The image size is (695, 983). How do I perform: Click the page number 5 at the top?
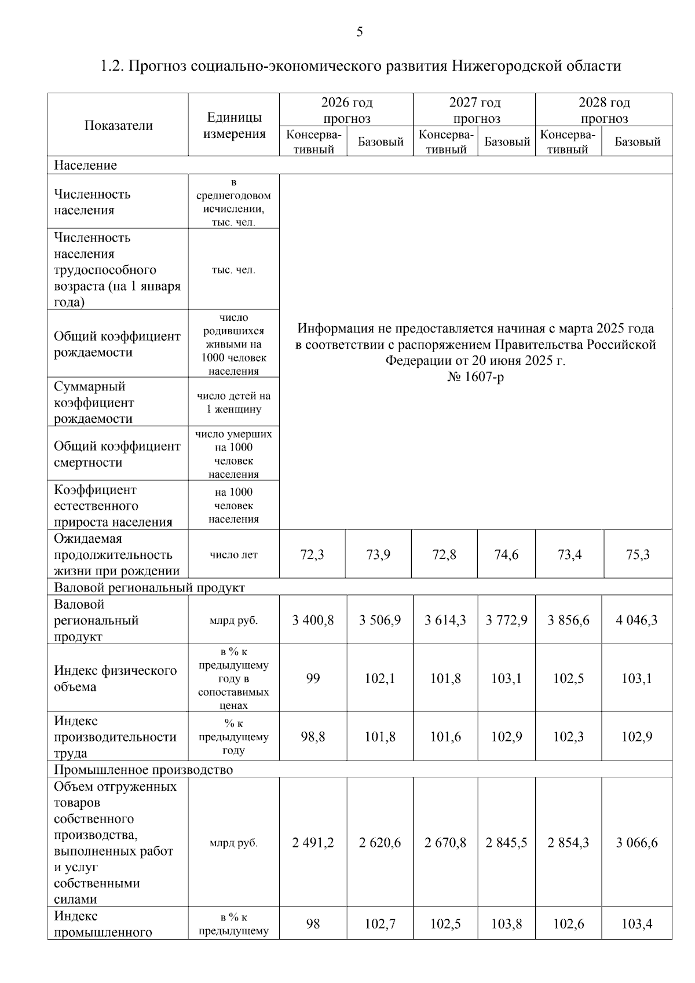click(x=359, y=32)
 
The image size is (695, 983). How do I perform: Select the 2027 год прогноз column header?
click(x=474, y=110)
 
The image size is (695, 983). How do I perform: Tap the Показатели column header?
click(x=118, y=125)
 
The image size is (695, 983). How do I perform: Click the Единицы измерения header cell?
click(x=234, y=125)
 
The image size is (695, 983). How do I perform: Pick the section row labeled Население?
click(x=85, y=165)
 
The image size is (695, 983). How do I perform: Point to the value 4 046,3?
click(x=637, y=620)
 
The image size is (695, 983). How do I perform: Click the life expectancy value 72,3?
click(x=312, y=555)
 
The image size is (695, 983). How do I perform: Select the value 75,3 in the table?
click(x=638, y=555)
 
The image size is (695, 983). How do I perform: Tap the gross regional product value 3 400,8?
click(x=313, y=620)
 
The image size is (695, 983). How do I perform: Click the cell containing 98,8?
click(x=313, y=737)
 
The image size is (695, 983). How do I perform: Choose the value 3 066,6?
click(x=637, y=843)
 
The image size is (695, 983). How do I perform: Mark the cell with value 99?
click(x=313, y=678)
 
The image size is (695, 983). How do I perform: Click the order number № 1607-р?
click(x=475, y=377)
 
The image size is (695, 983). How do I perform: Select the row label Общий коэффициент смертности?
click(x=117, y=454)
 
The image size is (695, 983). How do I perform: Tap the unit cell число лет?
click(x=233, y=555)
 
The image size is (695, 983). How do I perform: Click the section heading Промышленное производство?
click(x=143, y=770)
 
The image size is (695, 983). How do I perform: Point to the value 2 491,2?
click(x=313, y=843)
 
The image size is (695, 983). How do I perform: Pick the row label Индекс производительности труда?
click(x=115, y=737)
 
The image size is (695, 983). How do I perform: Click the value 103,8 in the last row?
click(x=506, y=924)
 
